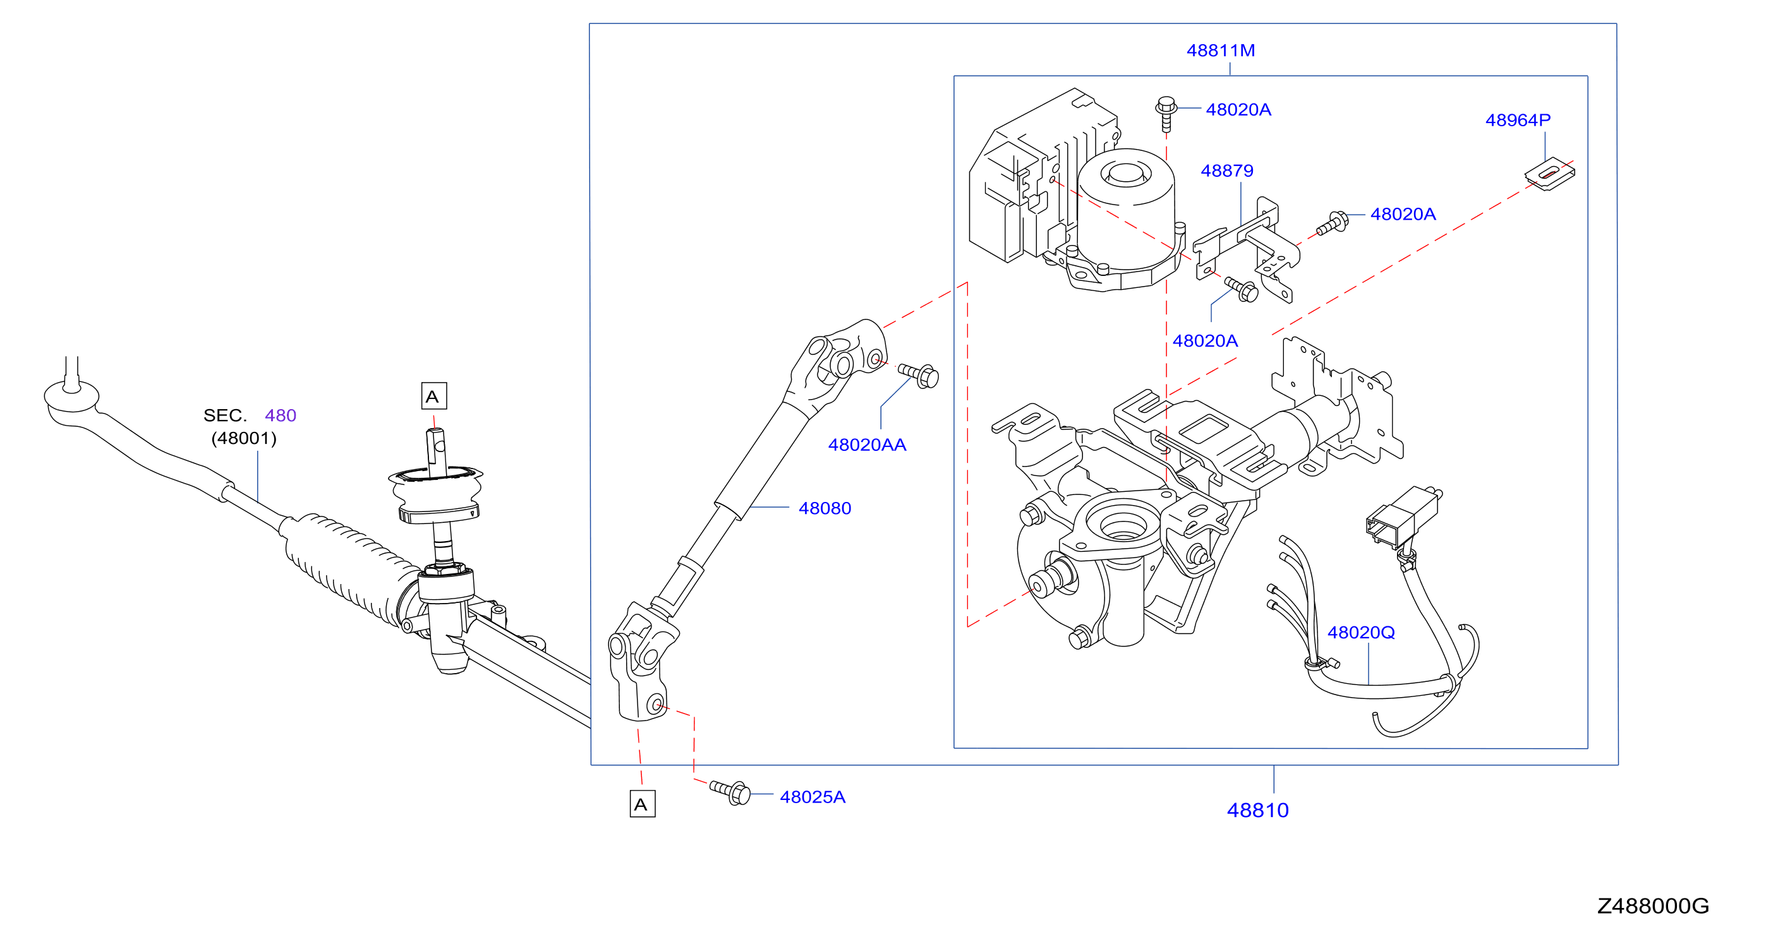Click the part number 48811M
tap(1220, 51)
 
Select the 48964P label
tap(1518, 120)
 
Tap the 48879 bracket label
tap(1226, 170)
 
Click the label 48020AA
tap(867, 445)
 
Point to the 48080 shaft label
tap(825, 508)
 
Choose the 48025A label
tap(813, 797)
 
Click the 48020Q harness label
tap(1361, 632)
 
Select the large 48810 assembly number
tap(1257, 810)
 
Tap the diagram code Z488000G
tap(1653, 906)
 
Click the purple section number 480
tap(281, 415)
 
